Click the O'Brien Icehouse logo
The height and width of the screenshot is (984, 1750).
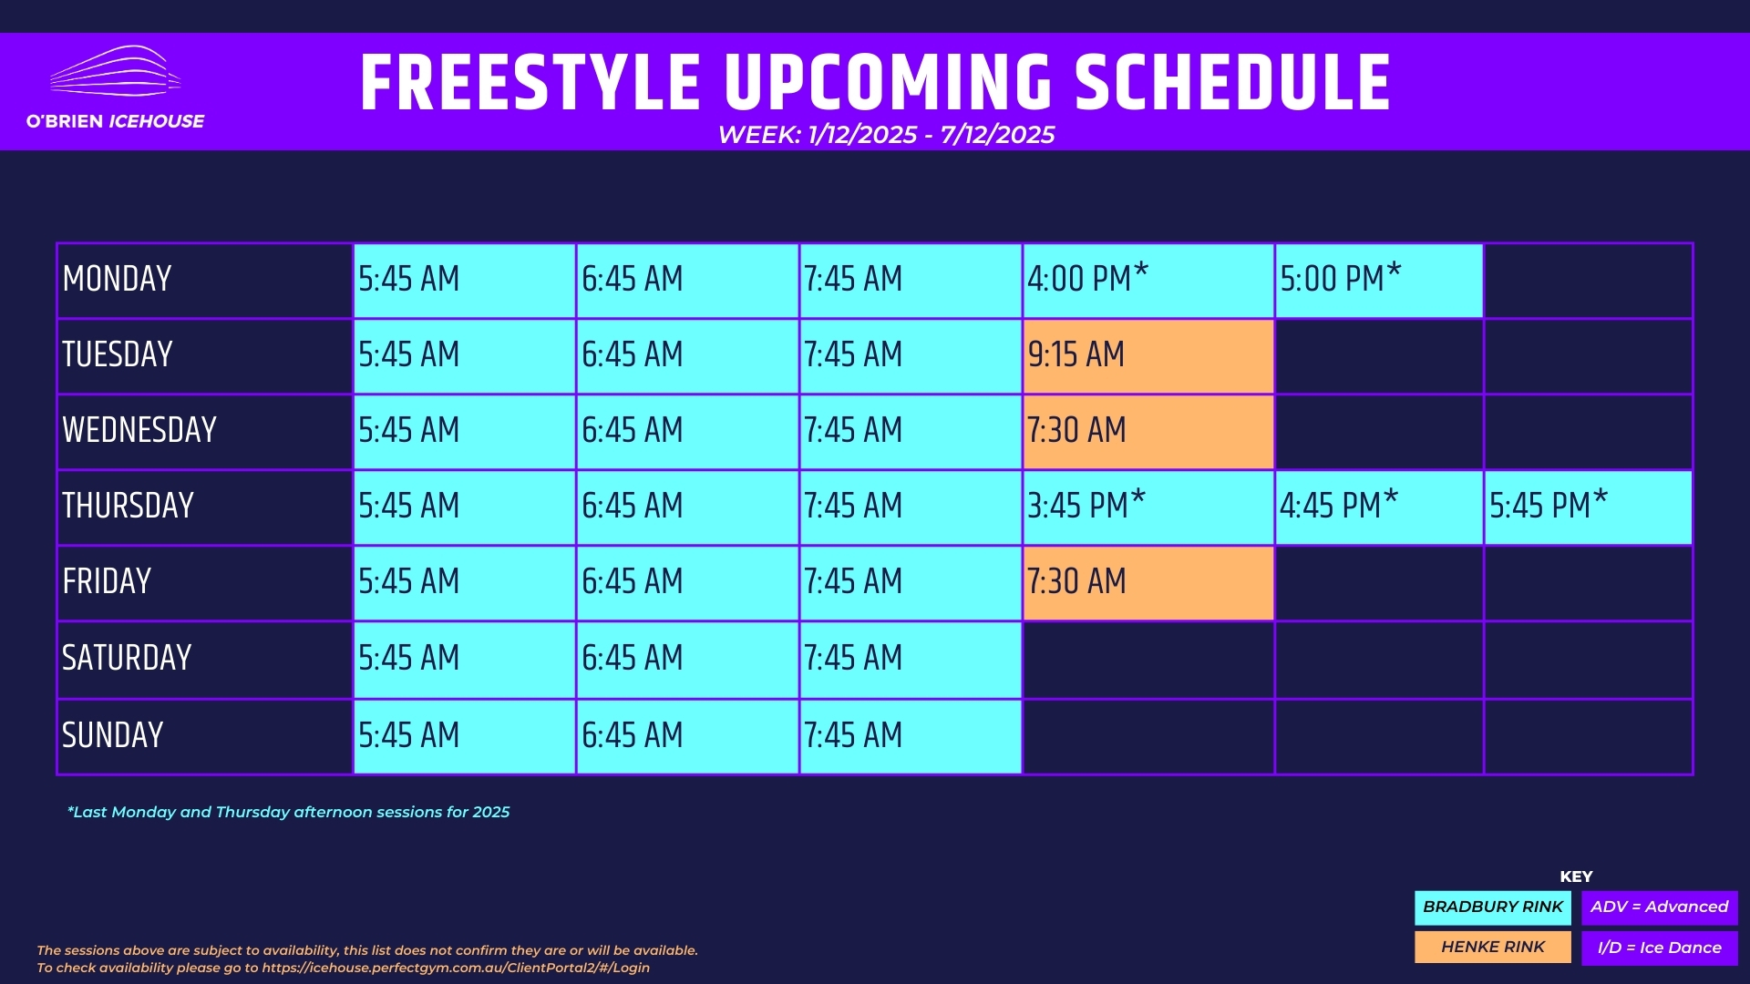coord(115,87)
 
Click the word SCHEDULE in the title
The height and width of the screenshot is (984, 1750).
coord(1232,83)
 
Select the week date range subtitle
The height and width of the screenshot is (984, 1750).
coord(886,135)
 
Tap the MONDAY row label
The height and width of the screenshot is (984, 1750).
coord(117,279)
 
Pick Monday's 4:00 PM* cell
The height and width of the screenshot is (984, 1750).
coord(1148,281)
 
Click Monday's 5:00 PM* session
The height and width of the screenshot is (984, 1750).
coord(1379,281)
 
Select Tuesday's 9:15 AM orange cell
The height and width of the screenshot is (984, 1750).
coord(1148,356)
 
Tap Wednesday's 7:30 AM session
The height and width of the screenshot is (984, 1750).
coord(1148,432)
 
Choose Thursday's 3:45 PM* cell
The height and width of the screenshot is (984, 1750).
coord(1148,507)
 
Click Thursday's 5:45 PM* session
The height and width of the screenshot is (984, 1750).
coord(1588,507)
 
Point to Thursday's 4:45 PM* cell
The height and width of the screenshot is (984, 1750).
coord(1379,507)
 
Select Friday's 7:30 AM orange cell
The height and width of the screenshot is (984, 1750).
coord(1148,583)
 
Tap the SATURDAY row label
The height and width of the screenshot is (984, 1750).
coord(127,658)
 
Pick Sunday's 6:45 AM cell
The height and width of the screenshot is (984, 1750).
coord(687,737)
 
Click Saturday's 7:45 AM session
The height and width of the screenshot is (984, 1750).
coord(911,660)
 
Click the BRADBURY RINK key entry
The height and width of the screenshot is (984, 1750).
coord(1493,907)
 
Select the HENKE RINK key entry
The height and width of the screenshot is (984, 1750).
coord(1493,948)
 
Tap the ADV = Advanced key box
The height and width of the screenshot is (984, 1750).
coord(1660,907)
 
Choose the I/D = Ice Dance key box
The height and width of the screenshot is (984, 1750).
coord(1660,948)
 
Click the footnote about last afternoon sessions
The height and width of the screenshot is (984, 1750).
coord(288,812)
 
